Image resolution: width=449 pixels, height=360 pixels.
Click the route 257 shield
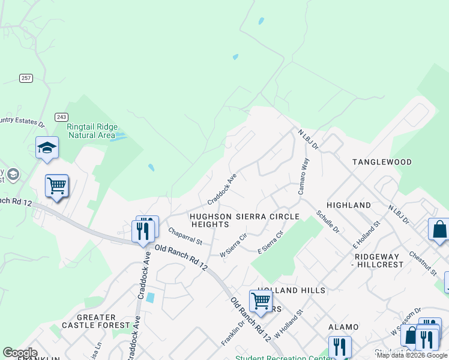coord(26,78)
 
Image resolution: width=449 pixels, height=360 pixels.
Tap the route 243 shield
coord(61,116)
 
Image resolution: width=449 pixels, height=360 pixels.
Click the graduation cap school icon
coord(47,148)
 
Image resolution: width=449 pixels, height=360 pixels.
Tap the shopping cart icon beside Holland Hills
coord(261,300)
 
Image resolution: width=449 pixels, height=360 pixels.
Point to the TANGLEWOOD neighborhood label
coord(382,162)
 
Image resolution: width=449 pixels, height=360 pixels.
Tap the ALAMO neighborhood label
coord(343,327)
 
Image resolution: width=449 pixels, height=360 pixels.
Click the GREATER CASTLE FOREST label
coord(96,321)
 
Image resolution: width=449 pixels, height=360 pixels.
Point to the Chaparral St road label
coord(185,236)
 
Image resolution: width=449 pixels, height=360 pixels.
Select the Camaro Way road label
coord(303,176)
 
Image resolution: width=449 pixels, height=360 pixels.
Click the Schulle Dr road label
coord(328,222)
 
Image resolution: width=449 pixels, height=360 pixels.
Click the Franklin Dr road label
coord(233,332)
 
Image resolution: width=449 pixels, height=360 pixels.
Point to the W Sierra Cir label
coord(234,245)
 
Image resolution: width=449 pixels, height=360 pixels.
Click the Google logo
coord(20,353)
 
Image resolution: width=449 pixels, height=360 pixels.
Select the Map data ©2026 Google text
coord(412,355)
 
